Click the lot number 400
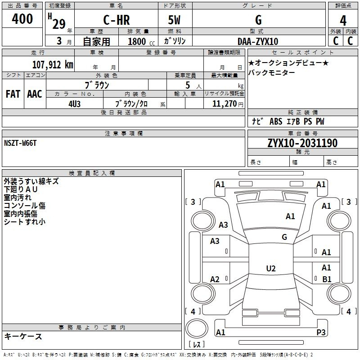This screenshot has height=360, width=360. tap(22, 18)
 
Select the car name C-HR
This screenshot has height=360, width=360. tap(117, 20)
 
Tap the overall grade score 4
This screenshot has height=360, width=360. tap(343, 21)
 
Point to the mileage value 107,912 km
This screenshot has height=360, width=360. tap(53, 65)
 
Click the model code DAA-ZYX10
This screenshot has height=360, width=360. tap(258, 41)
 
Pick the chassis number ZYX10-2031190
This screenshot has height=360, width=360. tap(302, 143)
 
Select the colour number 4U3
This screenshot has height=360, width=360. tap(74, 104)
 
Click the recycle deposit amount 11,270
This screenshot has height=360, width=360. tap(224, 104)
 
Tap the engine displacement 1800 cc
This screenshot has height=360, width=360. tap(141, 41)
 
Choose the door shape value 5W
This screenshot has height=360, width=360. tap(174, 20)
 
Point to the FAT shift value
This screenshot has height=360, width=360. tap(13, 94)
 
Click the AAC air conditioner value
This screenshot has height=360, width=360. tap(35, 94)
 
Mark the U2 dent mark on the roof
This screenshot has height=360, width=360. tap(271, 268)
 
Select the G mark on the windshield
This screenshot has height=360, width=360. tap(284, 237)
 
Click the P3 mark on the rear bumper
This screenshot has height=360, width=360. tap(321, 332)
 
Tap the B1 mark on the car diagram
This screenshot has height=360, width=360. tap(327, 279)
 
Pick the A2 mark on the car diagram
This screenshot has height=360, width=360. tap(215, 279)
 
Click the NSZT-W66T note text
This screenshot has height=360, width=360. tap(20, 143)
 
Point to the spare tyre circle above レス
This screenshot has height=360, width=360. tap(197, 328)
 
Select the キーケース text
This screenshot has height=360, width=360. tap(23, 337)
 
